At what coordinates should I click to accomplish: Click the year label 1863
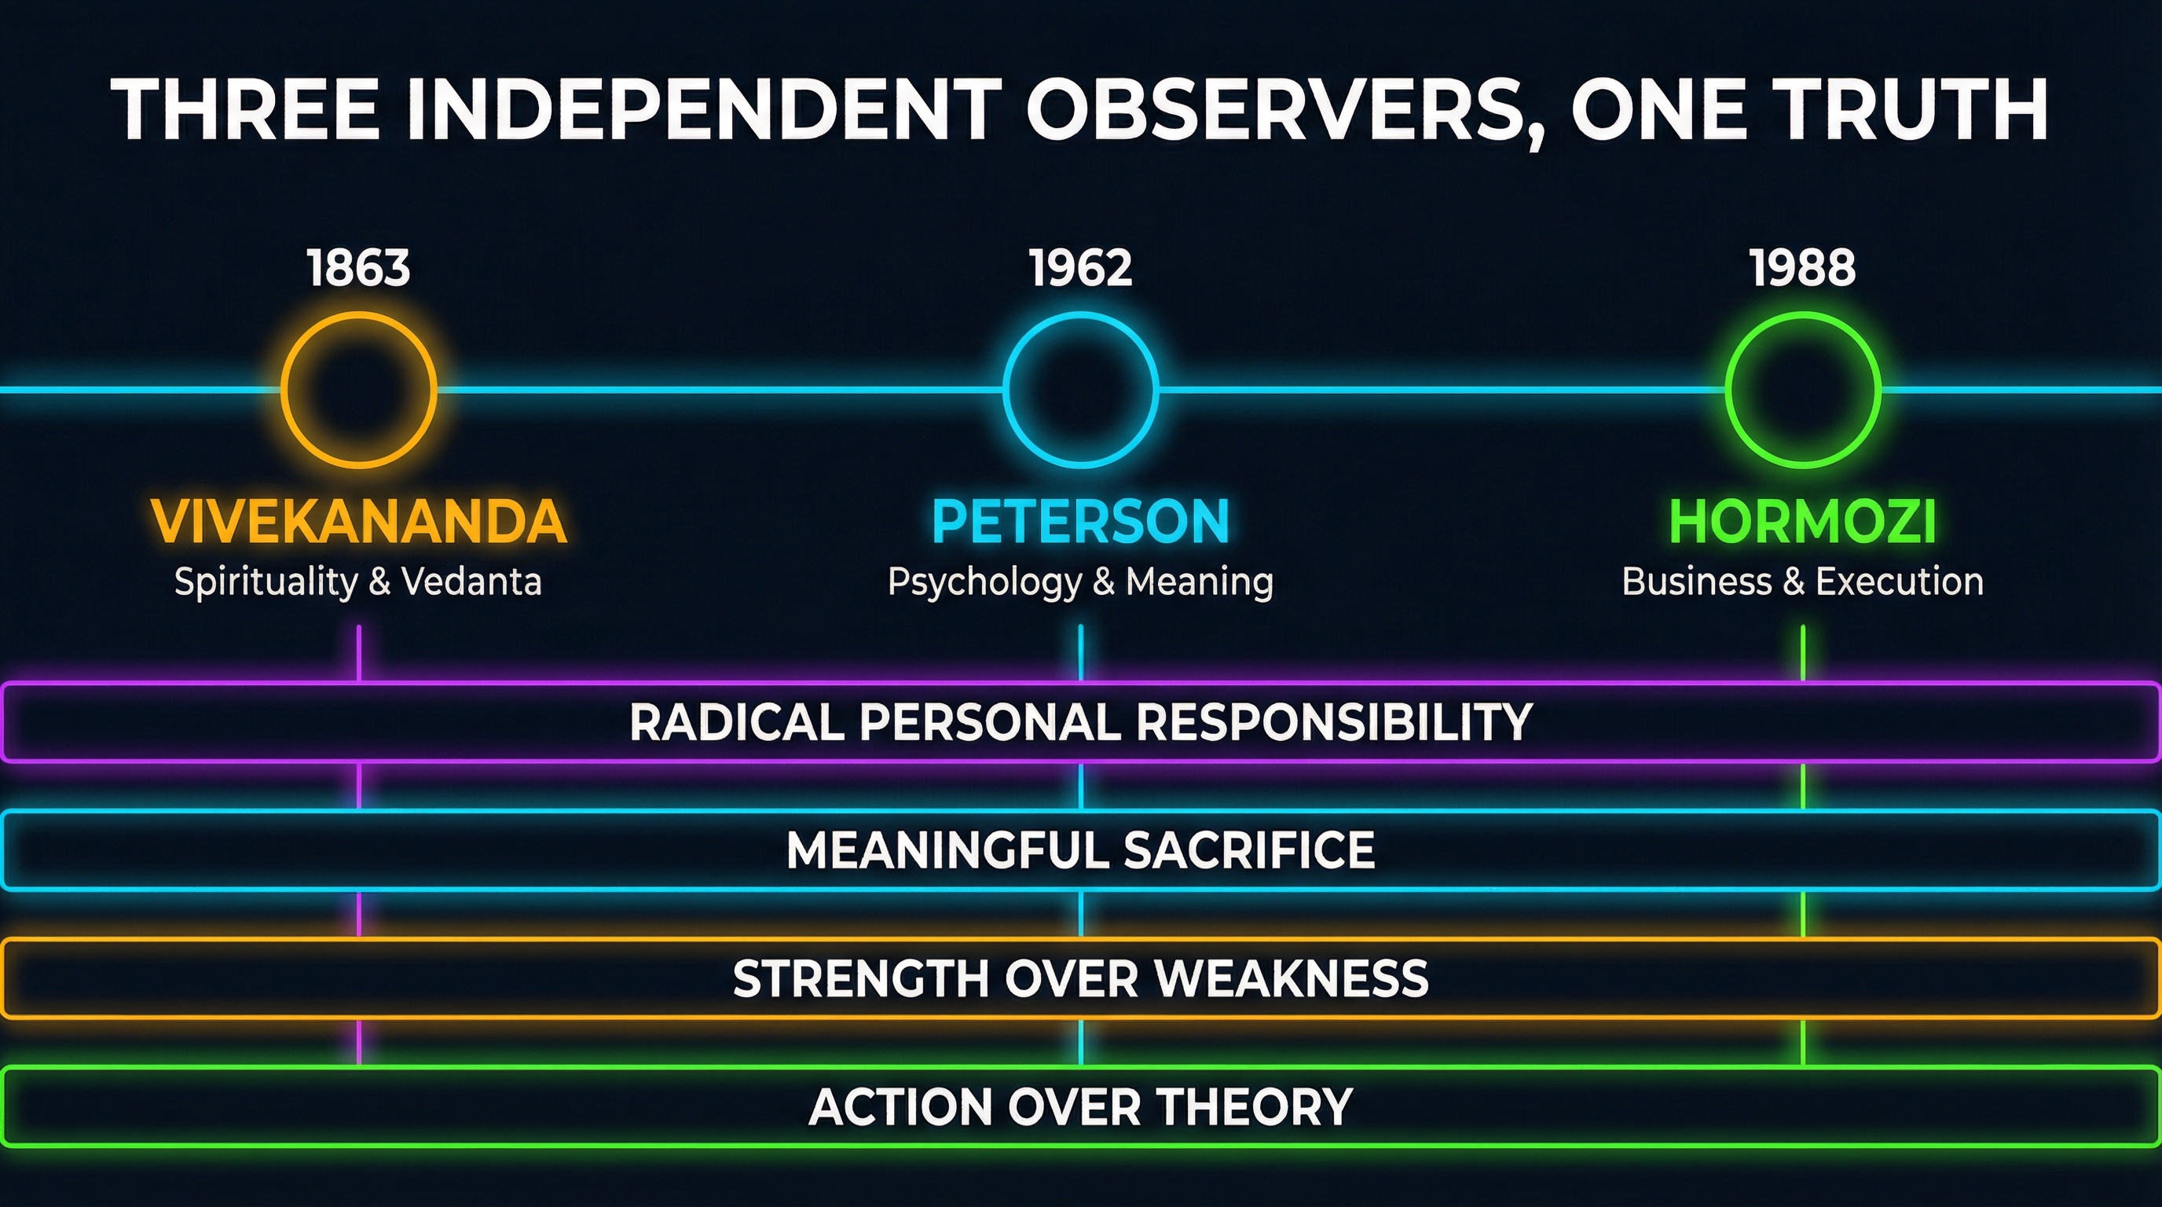[358, 269]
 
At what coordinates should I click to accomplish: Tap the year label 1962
[1080, 269]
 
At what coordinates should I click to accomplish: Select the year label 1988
[1802, 269]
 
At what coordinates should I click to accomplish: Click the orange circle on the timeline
[358, 390]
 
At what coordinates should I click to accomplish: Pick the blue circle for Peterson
[1080, 390]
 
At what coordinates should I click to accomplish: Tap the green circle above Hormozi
[1802, 390]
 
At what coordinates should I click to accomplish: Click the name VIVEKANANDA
[358, 521]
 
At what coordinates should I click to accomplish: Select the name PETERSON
[1080, 521]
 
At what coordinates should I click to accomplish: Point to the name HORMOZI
[1802, 521]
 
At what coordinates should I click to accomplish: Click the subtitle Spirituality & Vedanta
[358, 581]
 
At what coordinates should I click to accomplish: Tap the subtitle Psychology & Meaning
[1080, 581]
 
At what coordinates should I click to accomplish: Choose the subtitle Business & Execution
[1802, 581]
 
